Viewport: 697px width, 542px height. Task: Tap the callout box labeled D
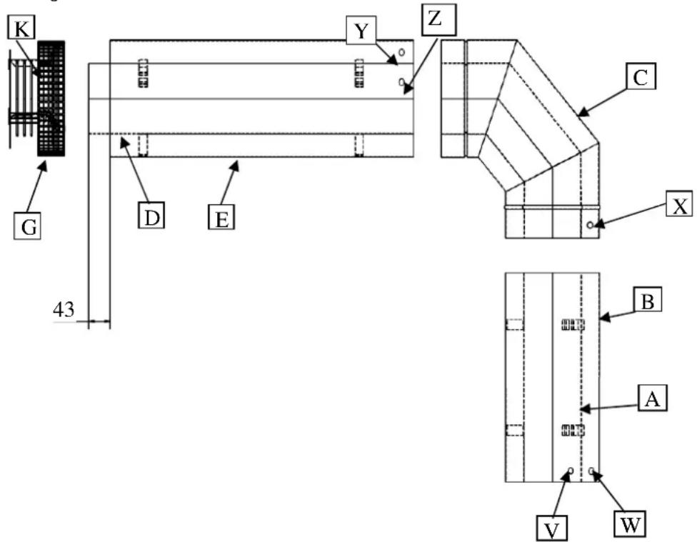[151, 196]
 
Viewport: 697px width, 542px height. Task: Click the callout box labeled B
[648, 301]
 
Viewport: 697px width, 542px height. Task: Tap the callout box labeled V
[551, 526]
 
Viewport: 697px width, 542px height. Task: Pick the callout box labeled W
[631, 524]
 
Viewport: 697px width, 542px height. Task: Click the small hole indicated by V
[570, 471]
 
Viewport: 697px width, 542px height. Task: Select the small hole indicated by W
[592, 470]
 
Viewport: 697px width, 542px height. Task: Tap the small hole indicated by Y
[403, 52]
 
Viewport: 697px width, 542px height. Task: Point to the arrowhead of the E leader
[239, 163]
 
